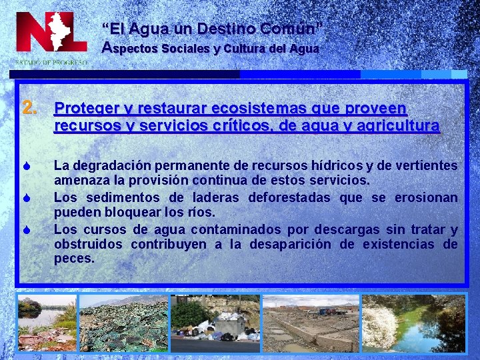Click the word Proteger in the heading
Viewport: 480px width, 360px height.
tap(83, 108)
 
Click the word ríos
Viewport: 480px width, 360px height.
tap(203, 213)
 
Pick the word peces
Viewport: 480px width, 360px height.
tap(74, 259)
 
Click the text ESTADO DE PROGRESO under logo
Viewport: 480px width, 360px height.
tap(51, 62)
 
